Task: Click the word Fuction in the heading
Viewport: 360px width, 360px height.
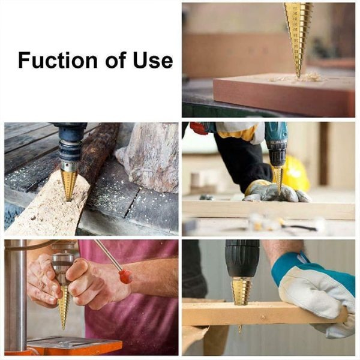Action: pos(58,61)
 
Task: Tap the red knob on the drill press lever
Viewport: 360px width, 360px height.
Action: pos(125,276)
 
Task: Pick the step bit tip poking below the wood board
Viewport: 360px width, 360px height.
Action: pos(240,328)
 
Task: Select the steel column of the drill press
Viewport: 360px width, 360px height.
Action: pos(16,294)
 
